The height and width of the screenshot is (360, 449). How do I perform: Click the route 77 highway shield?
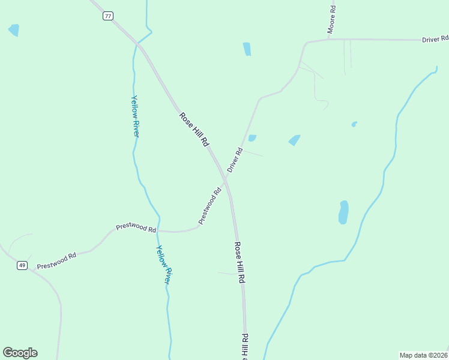[x=107, y=16]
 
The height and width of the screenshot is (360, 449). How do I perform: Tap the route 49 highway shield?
[x=22, y=265]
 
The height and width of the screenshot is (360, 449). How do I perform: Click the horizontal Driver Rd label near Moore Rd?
[x=435, y=39]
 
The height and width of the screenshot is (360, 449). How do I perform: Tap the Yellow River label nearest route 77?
[x=136, y=116]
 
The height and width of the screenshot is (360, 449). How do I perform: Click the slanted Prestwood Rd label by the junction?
[x=210, y=205]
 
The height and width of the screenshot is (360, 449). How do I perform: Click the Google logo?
[x=20, y=353]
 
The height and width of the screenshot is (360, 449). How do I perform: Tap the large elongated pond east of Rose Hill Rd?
[x=343, y=212]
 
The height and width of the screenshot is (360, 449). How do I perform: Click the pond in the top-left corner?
[x=14, y=30]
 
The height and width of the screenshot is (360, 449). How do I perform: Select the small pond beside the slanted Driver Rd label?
[x=252, y=138]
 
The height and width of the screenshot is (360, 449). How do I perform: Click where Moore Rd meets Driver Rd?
[x=328, y=40]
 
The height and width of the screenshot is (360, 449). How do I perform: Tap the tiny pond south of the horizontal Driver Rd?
[x=354, y=124]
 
